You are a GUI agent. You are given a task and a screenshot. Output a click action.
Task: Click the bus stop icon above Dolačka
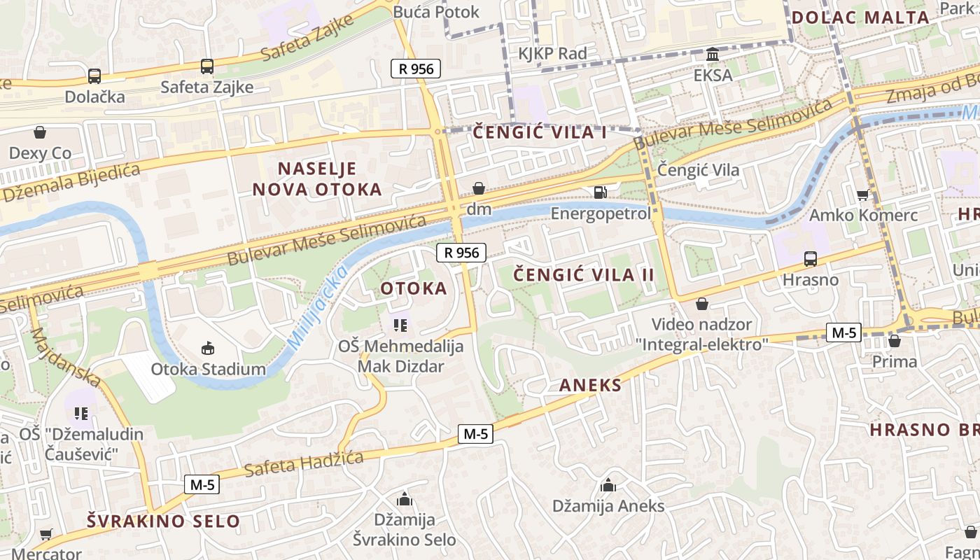pyautogui.click(x=94, y=76)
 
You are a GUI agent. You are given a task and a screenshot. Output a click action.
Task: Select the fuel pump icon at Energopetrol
pyautogui.click(x=600, y=192)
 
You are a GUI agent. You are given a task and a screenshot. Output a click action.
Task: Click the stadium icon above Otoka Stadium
pyautogui.click(x=208, y=348)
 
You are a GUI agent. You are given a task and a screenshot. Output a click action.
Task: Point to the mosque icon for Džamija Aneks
pyautogui.click(x=608, y=485)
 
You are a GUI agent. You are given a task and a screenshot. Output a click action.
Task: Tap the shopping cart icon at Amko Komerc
pyautogui.click(x=862, y=195)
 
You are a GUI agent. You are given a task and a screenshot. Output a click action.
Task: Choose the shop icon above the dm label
pyautogui.click(x=479, y=189)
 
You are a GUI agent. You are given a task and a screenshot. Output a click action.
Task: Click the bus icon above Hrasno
pyautogui.click(x=810, y=259)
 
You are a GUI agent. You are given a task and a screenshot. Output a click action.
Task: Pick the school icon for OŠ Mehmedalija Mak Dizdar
pyautogui.click(x=400, y=325)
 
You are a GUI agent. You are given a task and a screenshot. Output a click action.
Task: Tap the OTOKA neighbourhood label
pyautogui.click(x=414, y=288)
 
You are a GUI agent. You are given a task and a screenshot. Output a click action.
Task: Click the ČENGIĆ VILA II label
pyautogui.click(x=584, y=275)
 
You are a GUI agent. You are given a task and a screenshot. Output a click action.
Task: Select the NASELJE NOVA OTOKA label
pyautogui.click(x=317, y=179)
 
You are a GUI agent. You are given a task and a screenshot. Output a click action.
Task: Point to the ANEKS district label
pyautogui.click(x=590, y=385)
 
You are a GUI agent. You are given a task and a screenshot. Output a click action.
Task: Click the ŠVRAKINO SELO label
pyautogui.click(x=163, y=521)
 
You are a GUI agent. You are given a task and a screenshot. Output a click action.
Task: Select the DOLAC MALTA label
pyautogui.click(x=860, y=17)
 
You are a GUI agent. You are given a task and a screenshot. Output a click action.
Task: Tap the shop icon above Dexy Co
pyautogui.click(x=40, y=132)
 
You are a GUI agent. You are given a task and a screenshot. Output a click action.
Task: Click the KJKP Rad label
pyautogui.click(x=552, y=53)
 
